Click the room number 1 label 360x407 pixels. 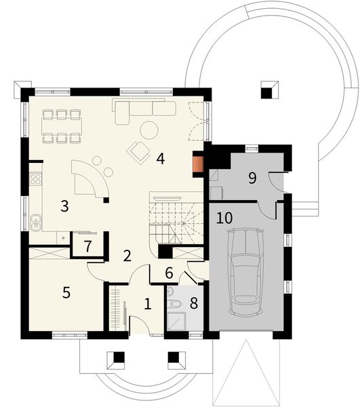[148, 303]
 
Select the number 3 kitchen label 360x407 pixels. [64, 206]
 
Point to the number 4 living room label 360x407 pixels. [160, 159]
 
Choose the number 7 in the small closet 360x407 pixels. [87, 246]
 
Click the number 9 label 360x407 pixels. [252, 178]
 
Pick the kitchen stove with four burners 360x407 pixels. [35, 180]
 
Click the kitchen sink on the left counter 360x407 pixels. [35, 221]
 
